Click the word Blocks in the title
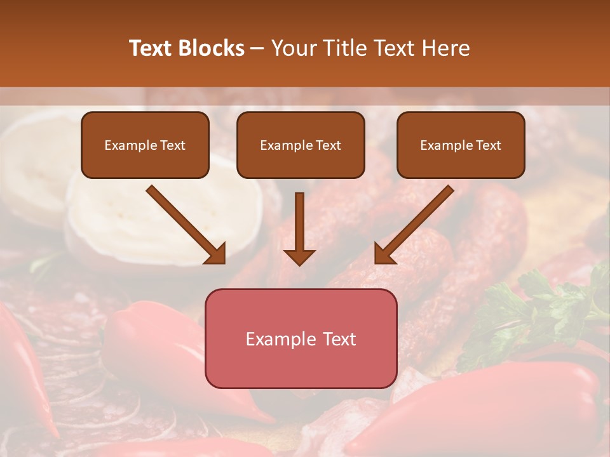pos(210,48)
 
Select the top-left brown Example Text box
pos(145,145)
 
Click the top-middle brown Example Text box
pos(301,145)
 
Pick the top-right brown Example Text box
pos(461,145)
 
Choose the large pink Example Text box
pos(301,338)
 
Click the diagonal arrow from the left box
pos(184,223)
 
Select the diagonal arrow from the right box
pos(415,223)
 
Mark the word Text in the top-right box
pos(488,145)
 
